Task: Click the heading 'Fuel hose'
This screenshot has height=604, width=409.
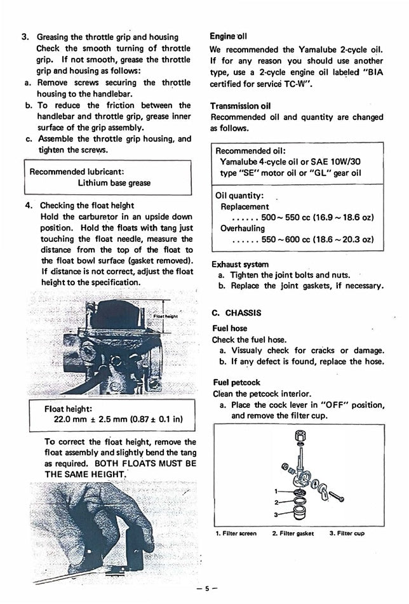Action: point(229,329)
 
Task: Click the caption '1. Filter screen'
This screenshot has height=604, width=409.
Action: point(236,534)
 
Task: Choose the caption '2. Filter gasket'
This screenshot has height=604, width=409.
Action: point(293,534)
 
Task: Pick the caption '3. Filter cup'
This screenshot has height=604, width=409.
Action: point(347,534)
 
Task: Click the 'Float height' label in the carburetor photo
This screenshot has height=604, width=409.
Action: point(166,316)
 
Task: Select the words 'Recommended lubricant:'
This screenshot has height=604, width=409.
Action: point(77,171)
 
